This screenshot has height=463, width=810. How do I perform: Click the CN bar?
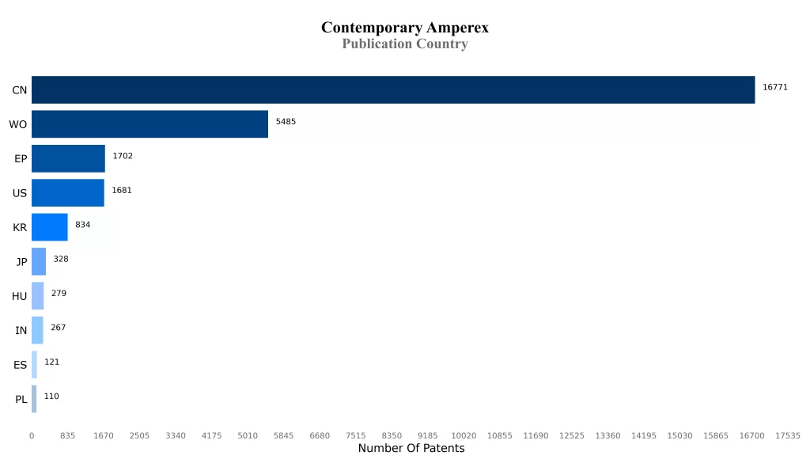click(393, 90)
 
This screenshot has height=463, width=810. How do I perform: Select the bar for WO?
click(150, 124)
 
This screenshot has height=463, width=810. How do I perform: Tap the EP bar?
click(68, 158)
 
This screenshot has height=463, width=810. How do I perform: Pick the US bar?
click(67, 193)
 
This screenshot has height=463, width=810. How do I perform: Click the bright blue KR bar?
click(49, 227)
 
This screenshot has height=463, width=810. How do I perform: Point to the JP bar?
click(39, 261)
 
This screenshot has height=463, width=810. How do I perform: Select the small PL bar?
click(34, 399)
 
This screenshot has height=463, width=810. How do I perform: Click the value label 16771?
click(774, 87)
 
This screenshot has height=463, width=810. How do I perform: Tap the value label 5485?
click(286, 122)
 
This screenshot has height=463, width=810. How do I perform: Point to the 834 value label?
click(82, 225)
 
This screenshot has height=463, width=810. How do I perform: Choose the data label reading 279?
click(59, 294)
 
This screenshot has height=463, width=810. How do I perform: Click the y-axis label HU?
click(20, 297)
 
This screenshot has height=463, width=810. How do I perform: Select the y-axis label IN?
click(21, 331)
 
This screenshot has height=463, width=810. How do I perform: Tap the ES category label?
click(21, 365)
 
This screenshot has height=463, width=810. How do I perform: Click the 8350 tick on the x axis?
click(392, 435)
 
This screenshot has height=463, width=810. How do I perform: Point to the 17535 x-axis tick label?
click(788, 435)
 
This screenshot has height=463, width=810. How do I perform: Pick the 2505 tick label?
click(139, 435)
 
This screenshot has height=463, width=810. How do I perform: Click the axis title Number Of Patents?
click(411, 449)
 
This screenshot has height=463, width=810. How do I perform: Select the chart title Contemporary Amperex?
click(404, 28)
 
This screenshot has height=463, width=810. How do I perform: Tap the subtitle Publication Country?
click(404, 44)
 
